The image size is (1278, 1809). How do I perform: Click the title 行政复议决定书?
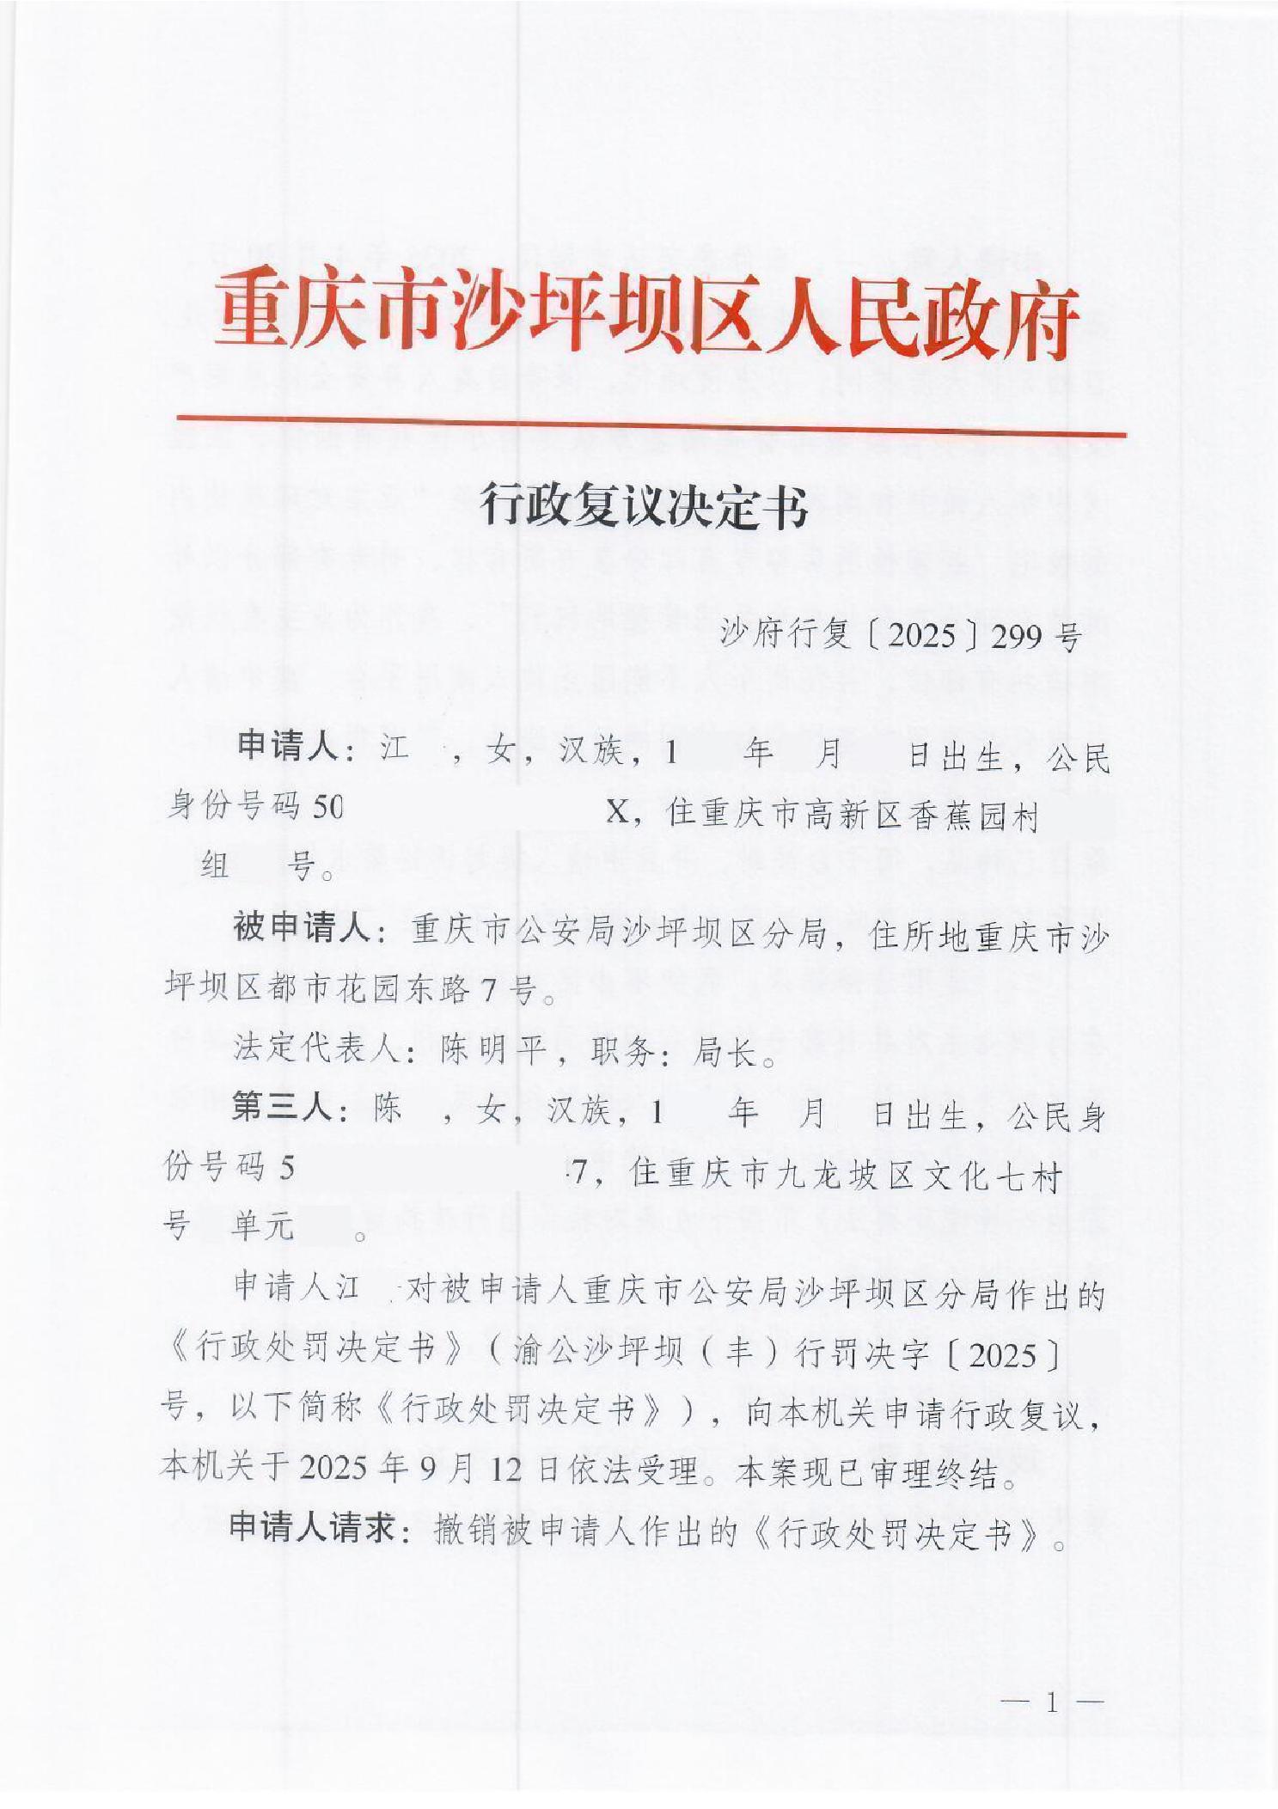tap(645, 505)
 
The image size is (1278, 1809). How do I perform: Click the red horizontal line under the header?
tap(651, 427)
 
